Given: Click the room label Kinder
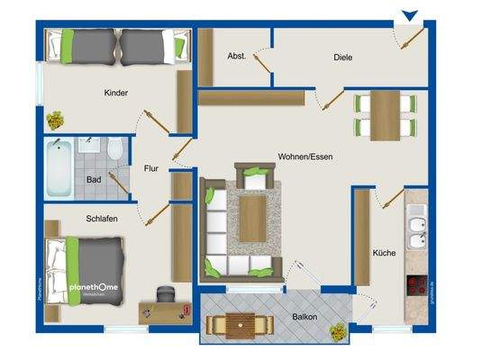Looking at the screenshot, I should click(116, 93).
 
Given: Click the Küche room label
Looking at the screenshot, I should click(384, 253).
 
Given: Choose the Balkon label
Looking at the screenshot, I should click(304, 318).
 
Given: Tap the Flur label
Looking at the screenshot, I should click(150, 167).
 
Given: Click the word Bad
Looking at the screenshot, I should click(94, 180).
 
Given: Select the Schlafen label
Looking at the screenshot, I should click(104, 219).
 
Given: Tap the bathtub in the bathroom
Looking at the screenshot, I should click(59, 170).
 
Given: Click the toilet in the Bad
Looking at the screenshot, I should click(116, 151).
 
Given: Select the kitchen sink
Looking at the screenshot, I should click(416, 230).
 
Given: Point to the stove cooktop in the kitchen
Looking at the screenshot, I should click(416, 287).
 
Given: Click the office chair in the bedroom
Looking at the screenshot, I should click(166, 295).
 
